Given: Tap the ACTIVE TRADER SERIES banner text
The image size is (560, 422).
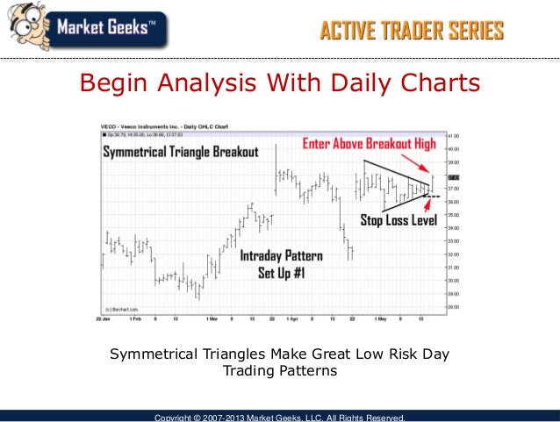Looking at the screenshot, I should point(411,32).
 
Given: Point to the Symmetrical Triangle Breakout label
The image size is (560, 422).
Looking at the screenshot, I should point(182,152).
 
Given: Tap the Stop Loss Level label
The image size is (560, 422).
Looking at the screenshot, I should point(398,220).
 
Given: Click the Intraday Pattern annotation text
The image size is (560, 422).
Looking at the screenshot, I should point(281,256).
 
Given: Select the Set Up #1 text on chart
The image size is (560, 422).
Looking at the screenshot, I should point(282,272).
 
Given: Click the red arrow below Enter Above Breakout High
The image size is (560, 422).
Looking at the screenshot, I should point(426,166).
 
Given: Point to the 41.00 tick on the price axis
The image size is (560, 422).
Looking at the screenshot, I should point(455,136).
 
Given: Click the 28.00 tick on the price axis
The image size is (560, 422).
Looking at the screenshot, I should point(455,307).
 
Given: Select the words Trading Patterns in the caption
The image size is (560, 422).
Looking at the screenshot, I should point(279,371).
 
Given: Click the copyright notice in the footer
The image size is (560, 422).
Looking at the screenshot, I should point(279,417).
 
